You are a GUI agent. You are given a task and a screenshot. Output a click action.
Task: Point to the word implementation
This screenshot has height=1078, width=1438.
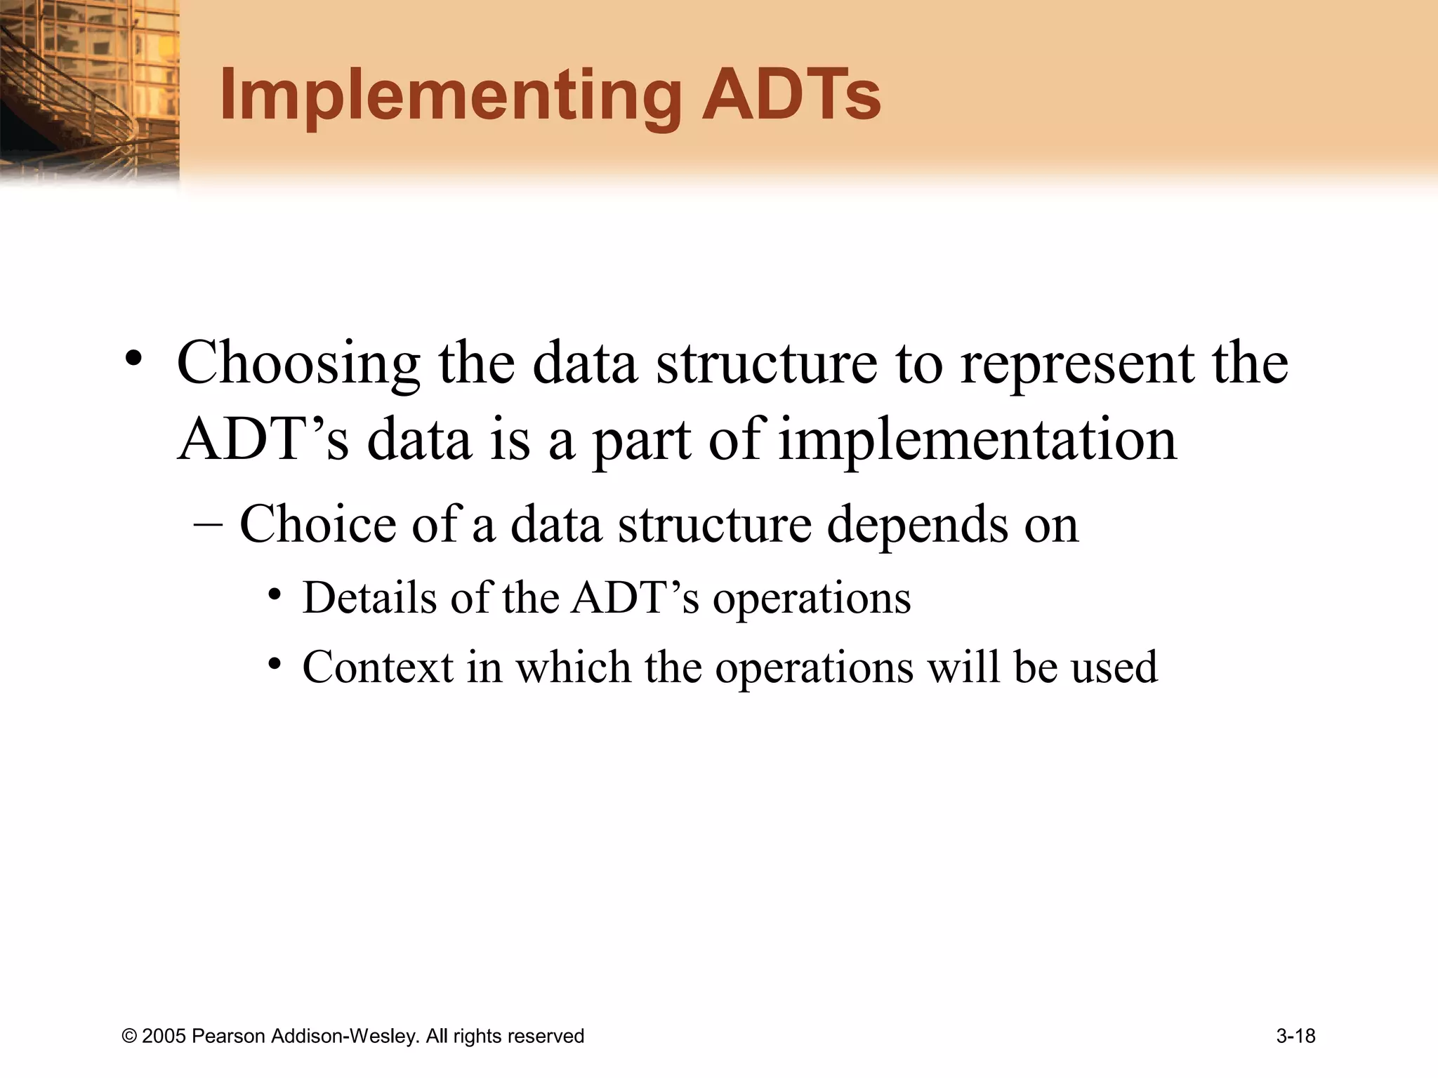coord(977,441)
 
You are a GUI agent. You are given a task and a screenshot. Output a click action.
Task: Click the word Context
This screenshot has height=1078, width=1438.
coord(378,667)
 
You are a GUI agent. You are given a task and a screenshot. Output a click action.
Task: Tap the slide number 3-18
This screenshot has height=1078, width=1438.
coord(1295,1037)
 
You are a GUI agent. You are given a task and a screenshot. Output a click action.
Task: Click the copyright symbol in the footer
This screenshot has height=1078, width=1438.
coord(129,1037)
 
